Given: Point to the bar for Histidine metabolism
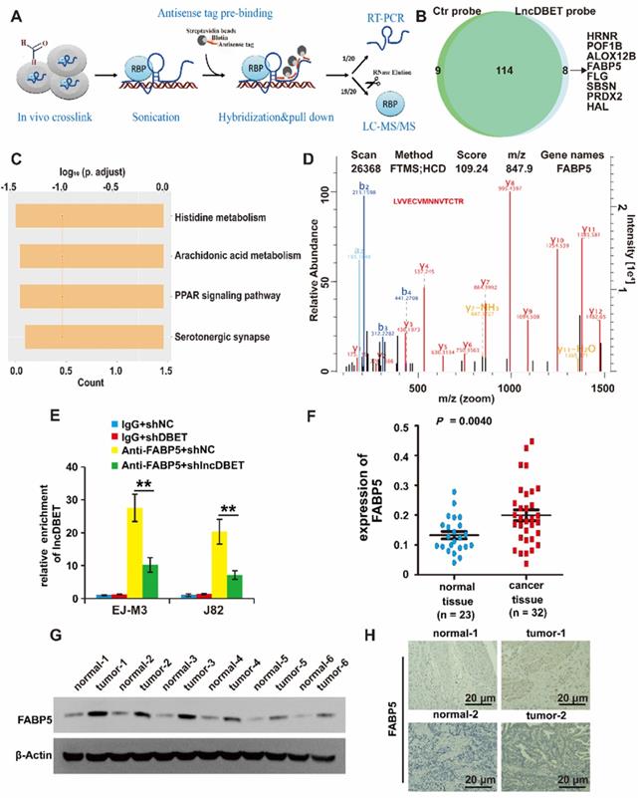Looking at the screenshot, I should point(91,216).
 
